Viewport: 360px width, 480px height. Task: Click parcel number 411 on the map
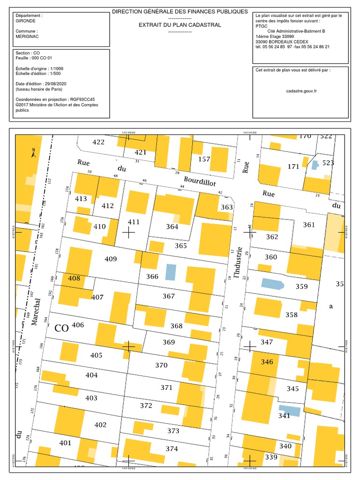point(134,222)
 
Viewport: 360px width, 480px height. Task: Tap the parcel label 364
point(172,226)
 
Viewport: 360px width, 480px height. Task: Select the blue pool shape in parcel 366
point(171,271)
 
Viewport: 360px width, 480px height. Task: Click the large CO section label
point(61,328)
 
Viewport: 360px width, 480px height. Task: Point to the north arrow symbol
point(33,153)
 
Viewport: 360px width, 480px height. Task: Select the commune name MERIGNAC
point(27,37)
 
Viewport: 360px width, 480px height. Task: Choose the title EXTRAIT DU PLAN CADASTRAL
point(180,25)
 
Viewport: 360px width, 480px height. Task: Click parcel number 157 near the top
point(204,159)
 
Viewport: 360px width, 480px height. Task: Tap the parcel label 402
point(100,425)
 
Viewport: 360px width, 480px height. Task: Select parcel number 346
point(267,361)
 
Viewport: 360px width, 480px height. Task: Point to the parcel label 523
point(328,163)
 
